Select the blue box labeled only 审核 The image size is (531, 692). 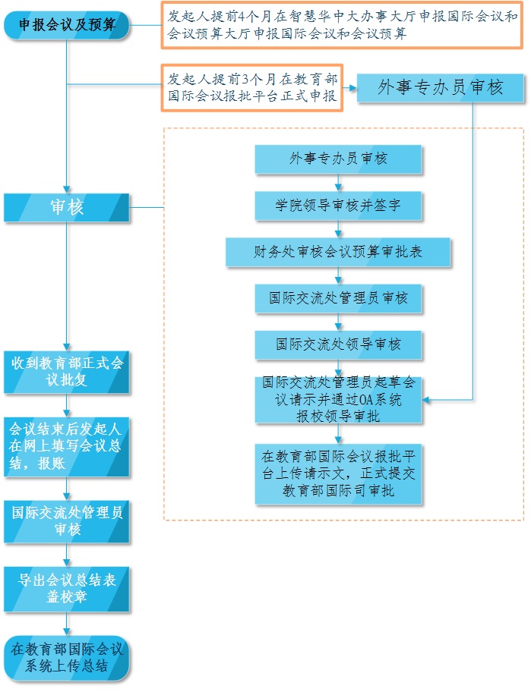[67, 207]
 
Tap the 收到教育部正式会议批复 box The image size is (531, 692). [67, 371]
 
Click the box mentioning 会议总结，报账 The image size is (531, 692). [67, 446]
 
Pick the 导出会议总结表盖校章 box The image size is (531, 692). [67, 589]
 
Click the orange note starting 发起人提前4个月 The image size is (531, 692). [342, 25]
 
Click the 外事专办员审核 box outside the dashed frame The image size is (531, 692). [441, 88]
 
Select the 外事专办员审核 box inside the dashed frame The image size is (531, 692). [338, 159]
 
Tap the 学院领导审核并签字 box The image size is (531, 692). [338, 205]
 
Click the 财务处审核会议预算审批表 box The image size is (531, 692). [338, 252]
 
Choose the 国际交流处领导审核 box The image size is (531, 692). [338, 344]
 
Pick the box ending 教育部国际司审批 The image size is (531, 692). [338, 474]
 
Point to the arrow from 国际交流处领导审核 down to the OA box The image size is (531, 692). [339, 368]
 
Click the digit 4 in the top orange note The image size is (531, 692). [241, 16]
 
